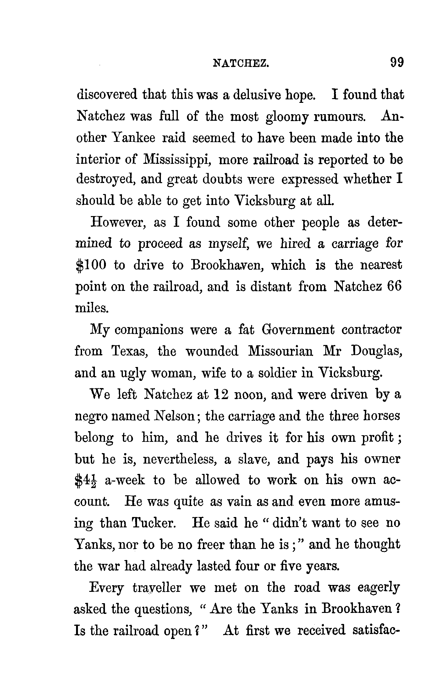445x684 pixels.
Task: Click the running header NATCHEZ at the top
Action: [x=241, y=64]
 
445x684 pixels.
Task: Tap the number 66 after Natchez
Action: [x=395, y=287]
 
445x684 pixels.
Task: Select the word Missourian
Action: [x=280, y=351]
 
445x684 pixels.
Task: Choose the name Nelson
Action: [x=175, y=416]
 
